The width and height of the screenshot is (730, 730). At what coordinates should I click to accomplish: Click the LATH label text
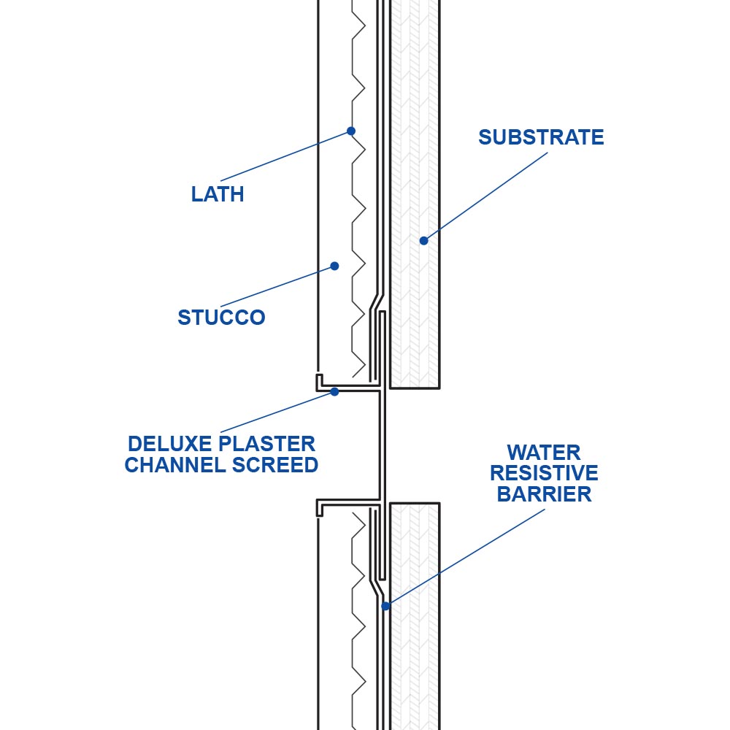coord(217,195)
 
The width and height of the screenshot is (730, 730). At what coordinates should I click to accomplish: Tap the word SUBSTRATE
coord(541,137)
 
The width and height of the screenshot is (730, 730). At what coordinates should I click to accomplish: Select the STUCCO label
coord(221,318)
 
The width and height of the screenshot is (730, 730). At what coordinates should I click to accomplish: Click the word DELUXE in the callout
coord(170,444)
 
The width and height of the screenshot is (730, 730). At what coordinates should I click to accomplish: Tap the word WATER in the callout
coord(544,452)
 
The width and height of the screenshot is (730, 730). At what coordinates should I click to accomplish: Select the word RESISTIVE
coord(544,473)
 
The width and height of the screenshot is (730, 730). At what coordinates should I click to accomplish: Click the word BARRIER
coord(544,494)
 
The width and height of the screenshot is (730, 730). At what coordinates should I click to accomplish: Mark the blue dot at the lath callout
coord(351,131)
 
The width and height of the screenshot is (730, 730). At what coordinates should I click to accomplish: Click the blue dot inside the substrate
coord(423,240)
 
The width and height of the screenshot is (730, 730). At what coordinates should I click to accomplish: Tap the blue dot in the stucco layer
coord(334,266)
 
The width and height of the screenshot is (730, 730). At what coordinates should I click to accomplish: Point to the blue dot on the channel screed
coord(334,392)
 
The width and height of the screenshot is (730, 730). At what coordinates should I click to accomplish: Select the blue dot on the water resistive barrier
coord(385,605)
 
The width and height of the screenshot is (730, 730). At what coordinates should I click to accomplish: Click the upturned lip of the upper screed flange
coord(318,381)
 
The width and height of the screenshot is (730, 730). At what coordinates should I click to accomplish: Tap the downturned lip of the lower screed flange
coord(319,509)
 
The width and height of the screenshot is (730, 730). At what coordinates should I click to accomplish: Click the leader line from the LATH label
coord(285,155)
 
